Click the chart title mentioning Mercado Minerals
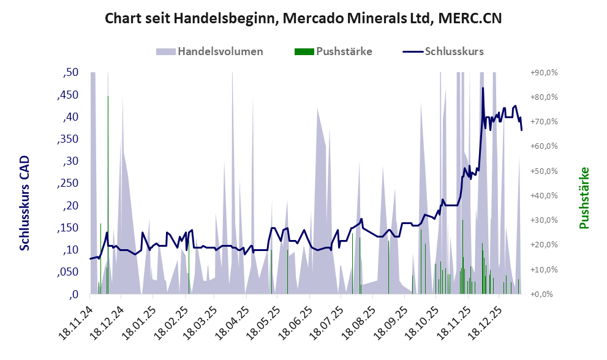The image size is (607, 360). tap(303, 18)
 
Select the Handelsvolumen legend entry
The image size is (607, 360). tap(220, 51)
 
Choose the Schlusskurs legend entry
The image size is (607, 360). tap(454, 51)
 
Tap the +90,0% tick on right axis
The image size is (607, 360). tap(545, 72)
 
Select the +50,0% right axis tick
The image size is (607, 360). tap(545, 171)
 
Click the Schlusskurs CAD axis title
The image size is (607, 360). tap(25, 203)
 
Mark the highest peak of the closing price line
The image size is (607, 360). tap(483, 88)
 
